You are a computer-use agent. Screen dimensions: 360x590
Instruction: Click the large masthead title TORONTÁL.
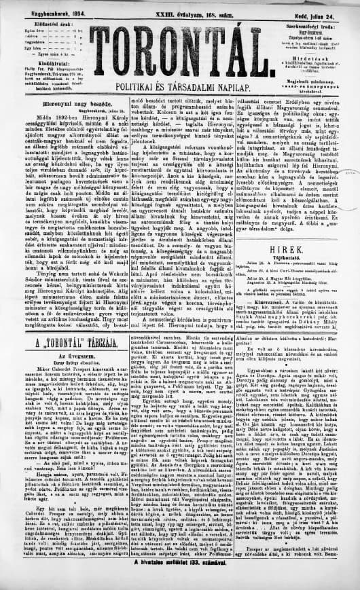(180, 48)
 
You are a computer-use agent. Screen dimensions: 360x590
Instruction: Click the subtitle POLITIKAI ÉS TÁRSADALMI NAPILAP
(181, 88)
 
